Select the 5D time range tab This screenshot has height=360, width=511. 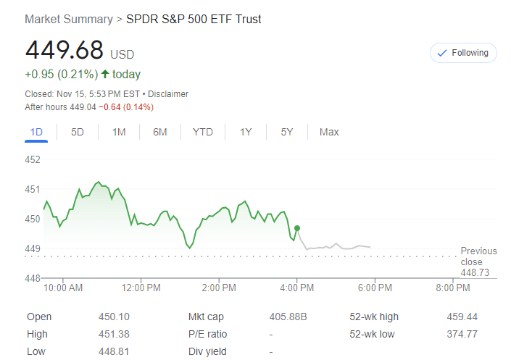[77, 132]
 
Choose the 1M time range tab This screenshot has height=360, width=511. [119, 132]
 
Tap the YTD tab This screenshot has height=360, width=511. [203, 132]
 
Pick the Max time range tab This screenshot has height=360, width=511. [329, 132]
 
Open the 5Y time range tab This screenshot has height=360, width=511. [287, 132]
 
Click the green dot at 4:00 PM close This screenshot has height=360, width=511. [297, 228]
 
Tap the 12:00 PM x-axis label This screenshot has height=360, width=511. [141, 288]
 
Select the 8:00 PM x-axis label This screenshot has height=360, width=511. [453, 288]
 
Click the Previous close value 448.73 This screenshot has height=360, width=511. [475, 272]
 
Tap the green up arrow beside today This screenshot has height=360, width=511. [105, 74]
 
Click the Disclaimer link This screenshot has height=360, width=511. [168, 94]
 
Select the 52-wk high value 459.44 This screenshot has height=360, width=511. [462, 317]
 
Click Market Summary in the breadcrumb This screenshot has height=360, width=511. [69, 20]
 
